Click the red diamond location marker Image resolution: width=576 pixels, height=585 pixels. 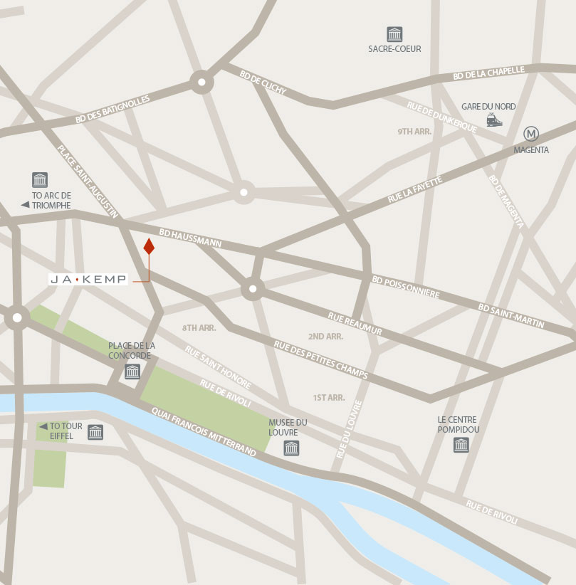click(x=149, y=246)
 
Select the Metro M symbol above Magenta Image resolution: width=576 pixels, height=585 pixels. click(x=531, y=134)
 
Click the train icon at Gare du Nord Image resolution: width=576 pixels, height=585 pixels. click(x=494, y=120)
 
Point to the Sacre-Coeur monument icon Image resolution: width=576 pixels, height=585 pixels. click(x=394, y=33)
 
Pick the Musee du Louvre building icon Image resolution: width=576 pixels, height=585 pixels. click(x=291, y=448)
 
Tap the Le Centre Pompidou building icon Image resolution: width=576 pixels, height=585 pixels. click(x=461, y=446)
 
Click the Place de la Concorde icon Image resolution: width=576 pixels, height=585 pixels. click(x=132, y=371)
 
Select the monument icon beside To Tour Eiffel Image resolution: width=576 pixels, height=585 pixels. click(x=95, y=431)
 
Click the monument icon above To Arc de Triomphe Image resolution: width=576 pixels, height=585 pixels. click(x=40, y=180)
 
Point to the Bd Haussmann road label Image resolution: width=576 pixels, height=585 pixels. click(x=190, y=238)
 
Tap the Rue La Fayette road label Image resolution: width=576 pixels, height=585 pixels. click(x=416, y=191)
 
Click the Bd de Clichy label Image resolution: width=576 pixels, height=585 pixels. click(x=263, y=83)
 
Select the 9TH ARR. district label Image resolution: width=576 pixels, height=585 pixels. click(x=415, y=132)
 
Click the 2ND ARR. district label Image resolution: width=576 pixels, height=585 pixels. click(x=326, y=336)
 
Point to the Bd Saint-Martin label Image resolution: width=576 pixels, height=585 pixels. click(x=511, y=317)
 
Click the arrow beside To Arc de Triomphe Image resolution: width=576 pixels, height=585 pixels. click(x=25, y=205)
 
